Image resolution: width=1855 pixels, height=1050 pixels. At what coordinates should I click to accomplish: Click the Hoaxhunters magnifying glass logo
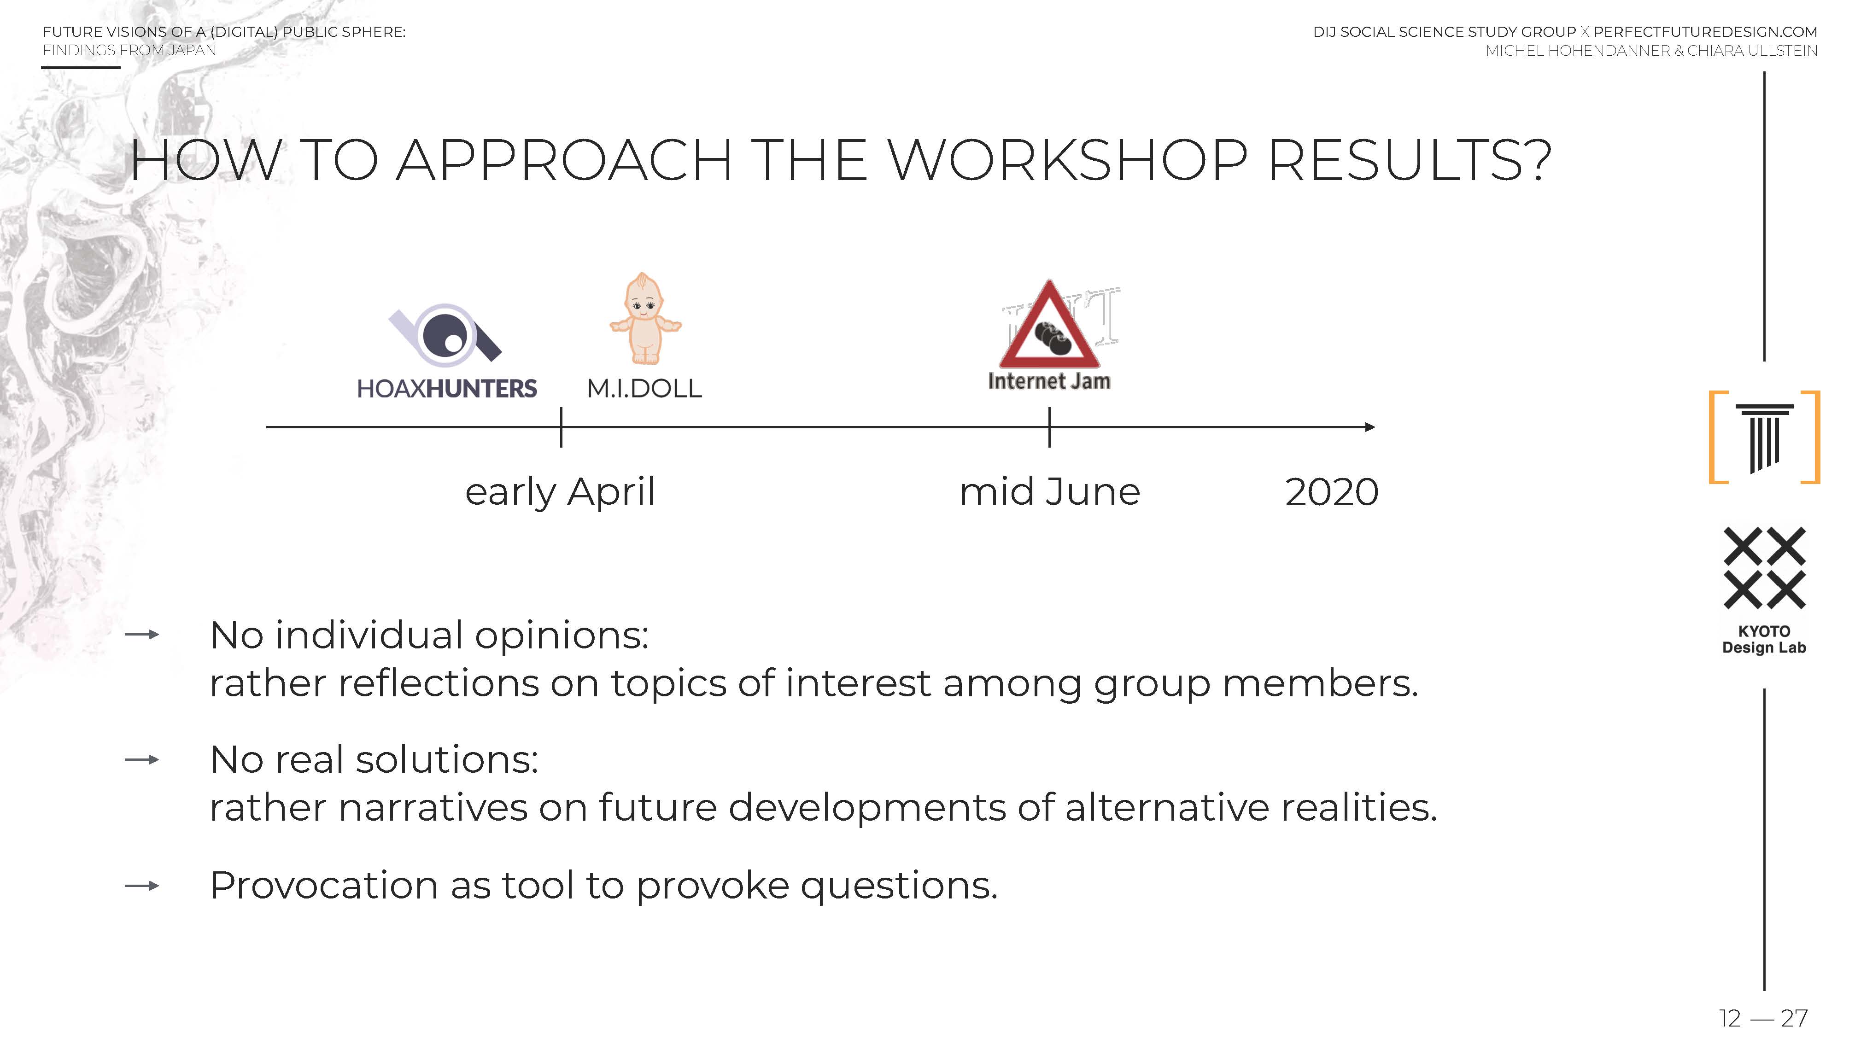[x=445, y=335]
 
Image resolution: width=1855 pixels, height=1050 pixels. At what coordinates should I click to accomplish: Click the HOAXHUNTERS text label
[x=446, y=389]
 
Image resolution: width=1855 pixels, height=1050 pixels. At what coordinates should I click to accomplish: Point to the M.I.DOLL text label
[x=644, y=389]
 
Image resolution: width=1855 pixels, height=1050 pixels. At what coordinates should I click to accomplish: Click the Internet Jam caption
[x=1049, y=381]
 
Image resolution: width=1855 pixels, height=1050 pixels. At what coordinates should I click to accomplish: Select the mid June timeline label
[x=1049, y=492]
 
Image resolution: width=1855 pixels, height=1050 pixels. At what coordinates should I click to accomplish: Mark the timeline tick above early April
[x=561, y=427]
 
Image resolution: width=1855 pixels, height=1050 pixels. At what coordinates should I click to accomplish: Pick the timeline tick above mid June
[x=1049, y=427]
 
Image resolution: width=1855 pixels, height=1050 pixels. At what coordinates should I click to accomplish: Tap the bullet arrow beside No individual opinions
[x=142, y=635]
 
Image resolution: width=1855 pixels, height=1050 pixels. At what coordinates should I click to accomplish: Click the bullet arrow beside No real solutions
[x=142, y=759]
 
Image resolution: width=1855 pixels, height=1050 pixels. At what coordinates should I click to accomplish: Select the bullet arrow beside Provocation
[x=142, y=886]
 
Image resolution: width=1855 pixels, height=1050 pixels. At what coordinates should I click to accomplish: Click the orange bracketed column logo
[x=1764, y=437]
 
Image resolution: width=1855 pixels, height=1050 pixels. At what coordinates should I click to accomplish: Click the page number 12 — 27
[x=1763, y=1018]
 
